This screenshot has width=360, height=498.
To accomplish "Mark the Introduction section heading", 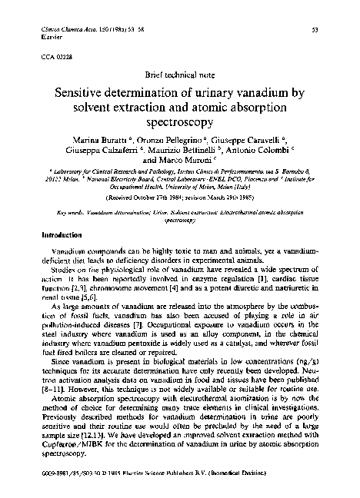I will [60, 233].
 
